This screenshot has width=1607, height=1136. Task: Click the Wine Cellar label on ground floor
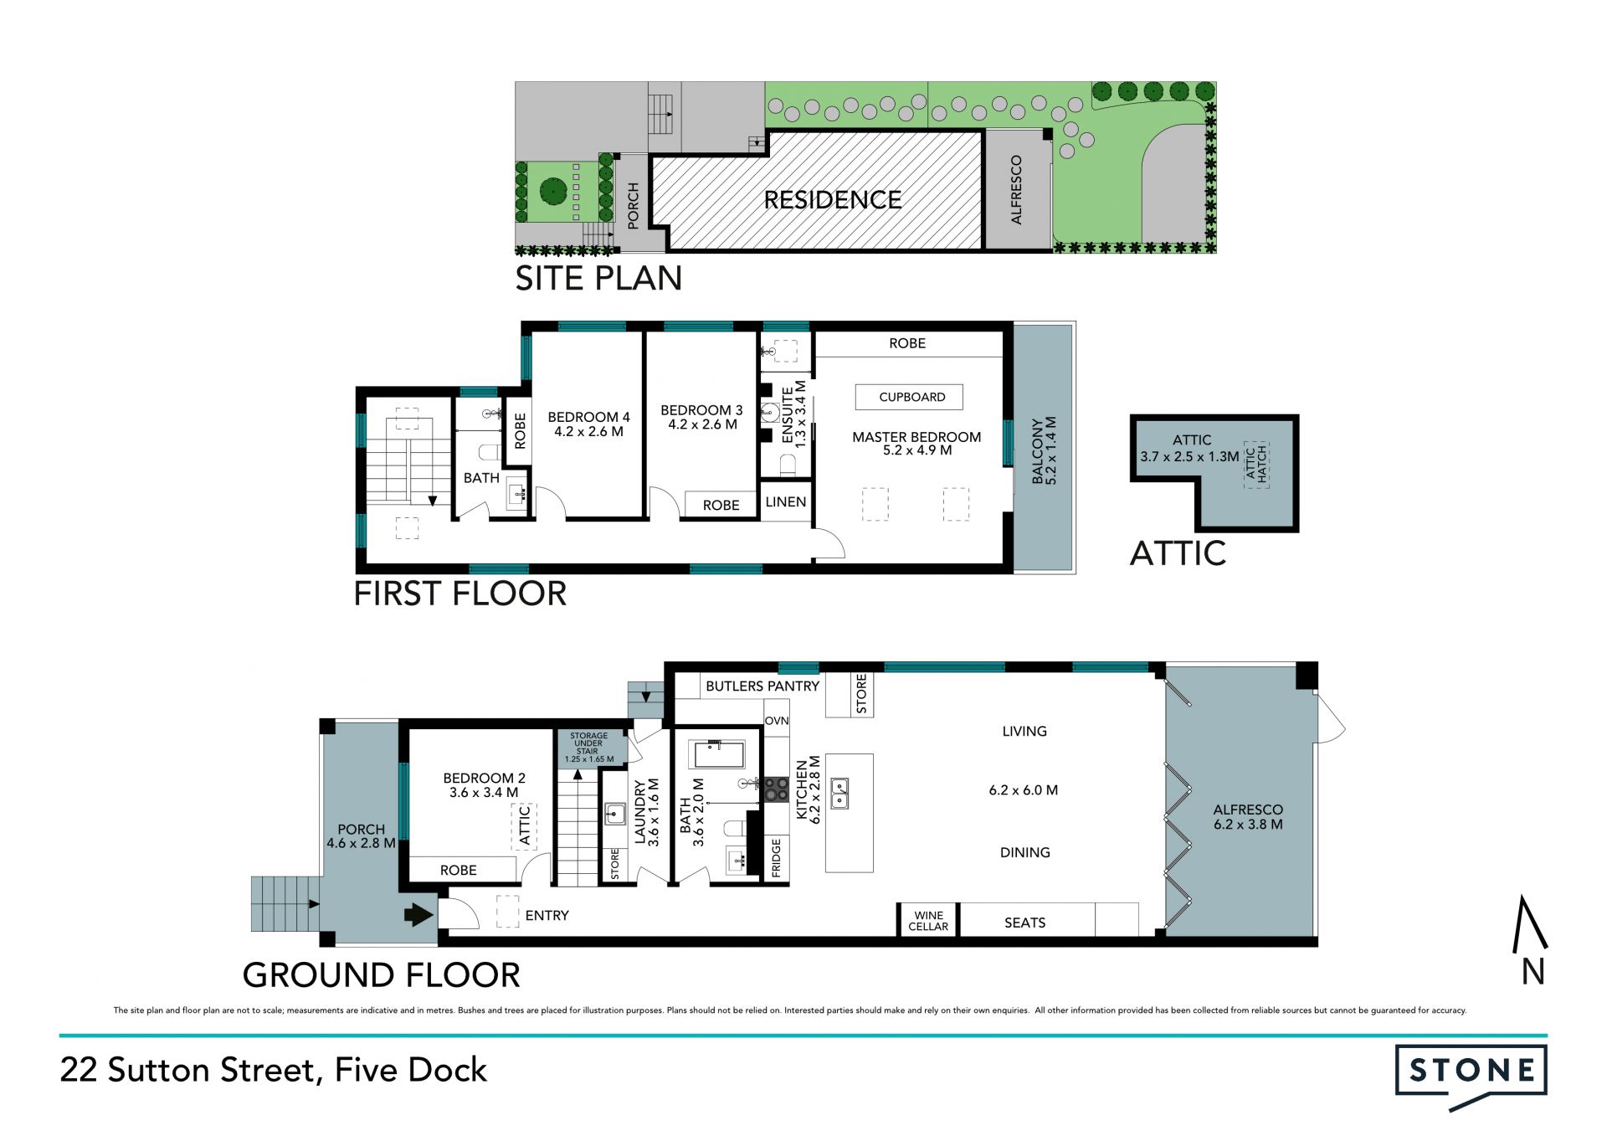pos(928,921)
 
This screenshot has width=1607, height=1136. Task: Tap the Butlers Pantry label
pos(762,686)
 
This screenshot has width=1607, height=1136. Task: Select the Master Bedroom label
pos(916,436)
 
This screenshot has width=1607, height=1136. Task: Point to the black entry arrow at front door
pos(419,914)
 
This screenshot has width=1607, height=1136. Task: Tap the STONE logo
pos(1471,1077)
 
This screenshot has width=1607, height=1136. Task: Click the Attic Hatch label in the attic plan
pos(1256,464)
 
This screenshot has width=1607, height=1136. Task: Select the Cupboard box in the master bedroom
pos(912,397)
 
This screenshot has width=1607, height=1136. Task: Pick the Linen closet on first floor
pos(786,501)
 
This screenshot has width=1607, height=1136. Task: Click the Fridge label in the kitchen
pos(776,858)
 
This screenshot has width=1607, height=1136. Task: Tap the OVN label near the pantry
pos(777,721)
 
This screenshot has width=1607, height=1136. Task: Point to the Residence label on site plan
pos(833,200)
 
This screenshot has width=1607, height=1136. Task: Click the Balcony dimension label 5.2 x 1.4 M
pos(1052,451)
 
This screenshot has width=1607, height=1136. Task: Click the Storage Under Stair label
pos(589,748)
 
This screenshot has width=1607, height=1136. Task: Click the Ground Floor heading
pos(382,975)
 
